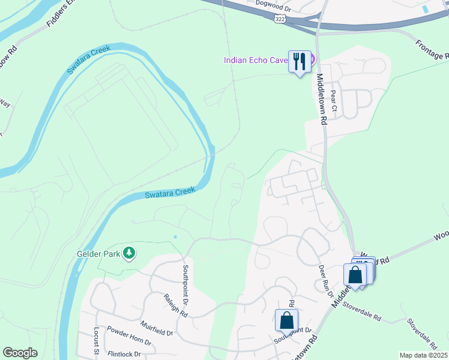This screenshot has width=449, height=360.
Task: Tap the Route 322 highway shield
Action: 280,20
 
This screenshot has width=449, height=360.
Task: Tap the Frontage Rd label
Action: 432,50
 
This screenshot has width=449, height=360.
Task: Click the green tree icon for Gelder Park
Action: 128,253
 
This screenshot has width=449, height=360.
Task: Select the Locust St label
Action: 95,340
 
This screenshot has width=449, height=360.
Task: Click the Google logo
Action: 20,353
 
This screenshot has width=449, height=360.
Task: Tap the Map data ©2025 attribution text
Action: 423,355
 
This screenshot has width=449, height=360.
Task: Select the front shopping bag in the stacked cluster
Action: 355,275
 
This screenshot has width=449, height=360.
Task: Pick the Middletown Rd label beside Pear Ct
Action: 322,99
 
